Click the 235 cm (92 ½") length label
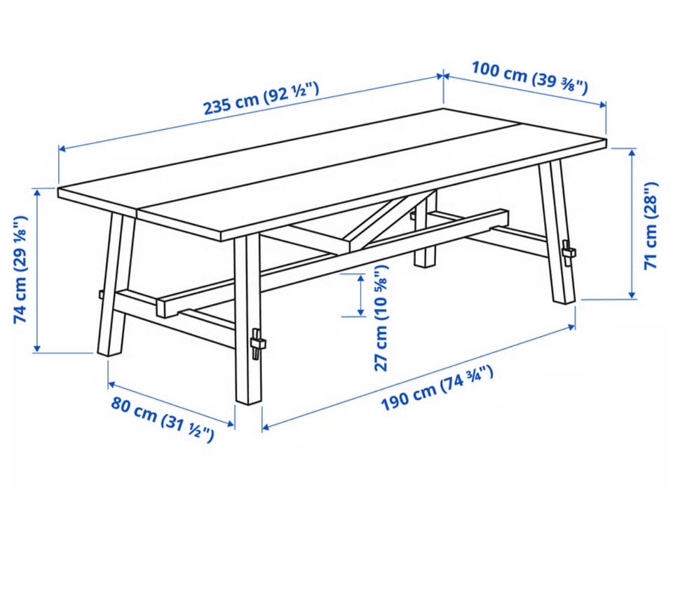point(261,98)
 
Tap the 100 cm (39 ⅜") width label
point(530,77)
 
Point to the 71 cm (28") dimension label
point(651,226)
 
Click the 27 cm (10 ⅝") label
point(381,318)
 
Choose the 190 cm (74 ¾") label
point(437,388)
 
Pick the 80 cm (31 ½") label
point(162,419)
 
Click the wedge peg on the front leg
point(257,343)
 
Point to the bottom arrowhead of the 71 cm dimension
point(632,294)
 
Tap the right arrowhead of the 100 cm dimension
point(601,105)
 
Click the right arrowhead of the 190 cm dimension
point(571,327)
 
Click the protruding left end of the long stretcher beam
point(167,306)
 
